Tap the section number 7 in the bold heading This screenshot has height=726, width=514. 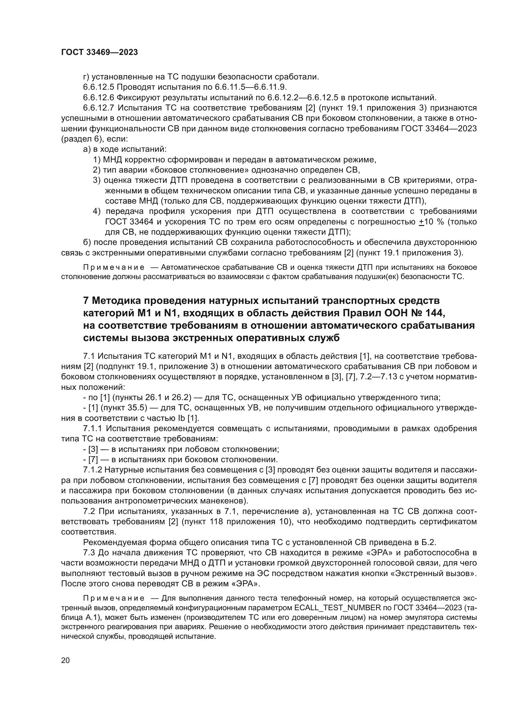[x=85, y=300]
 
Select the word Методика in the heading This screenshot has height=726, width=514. [x=117, y=300]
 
